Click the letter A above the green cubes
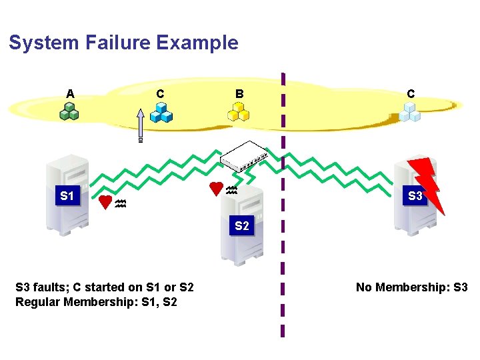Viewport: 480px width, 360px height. [70, 94]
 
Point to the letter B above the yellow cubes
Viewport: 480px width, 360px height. [239, 94]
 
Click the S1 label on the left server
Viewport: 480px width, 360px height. [67, 196]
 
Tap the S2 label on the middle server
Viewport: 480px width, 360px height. [241, 226]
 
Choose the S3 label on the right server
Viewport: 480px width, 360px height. [415, 196]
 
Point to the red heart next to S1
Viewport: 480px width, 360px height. [105, 202]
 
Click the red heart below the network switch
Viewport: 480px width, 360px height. [216, 189]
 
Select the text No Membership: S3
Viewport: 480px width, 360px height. [411, 287]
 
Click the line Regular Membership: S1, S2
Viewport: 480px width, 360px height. [95, 302]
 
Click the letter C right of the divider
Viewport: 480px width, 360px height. [410, 94]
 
